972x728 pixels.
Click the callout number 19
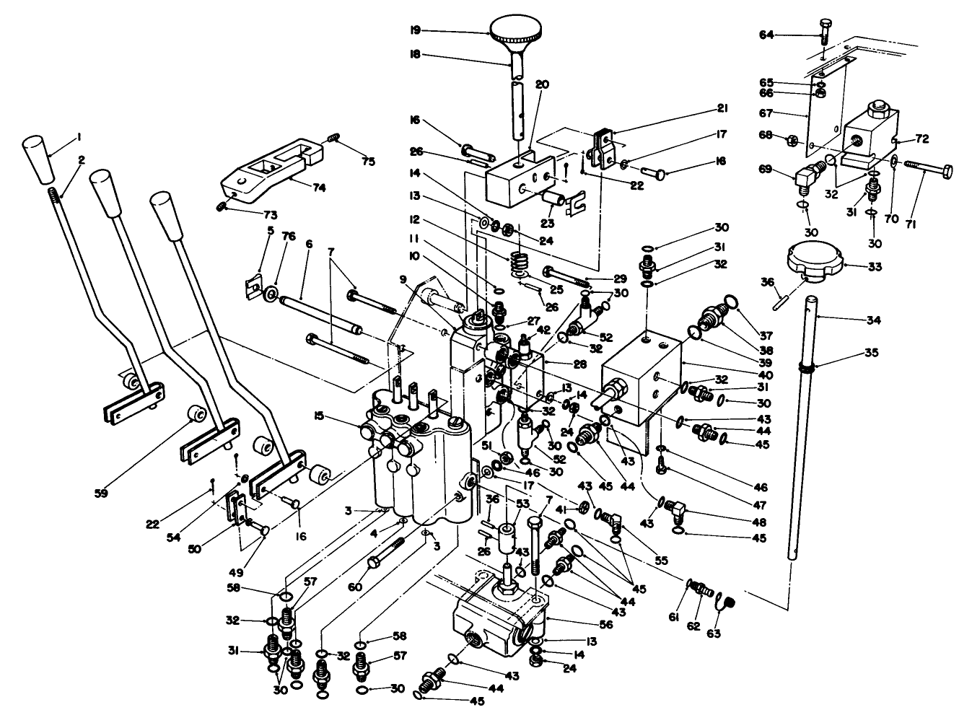pyautogui.click(x=415, y=30)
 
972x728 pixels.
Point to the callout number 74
pyautogui.click(x=319, y=188)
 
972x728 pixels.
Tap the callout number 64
pyautogui.click(x=766, y=35)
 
